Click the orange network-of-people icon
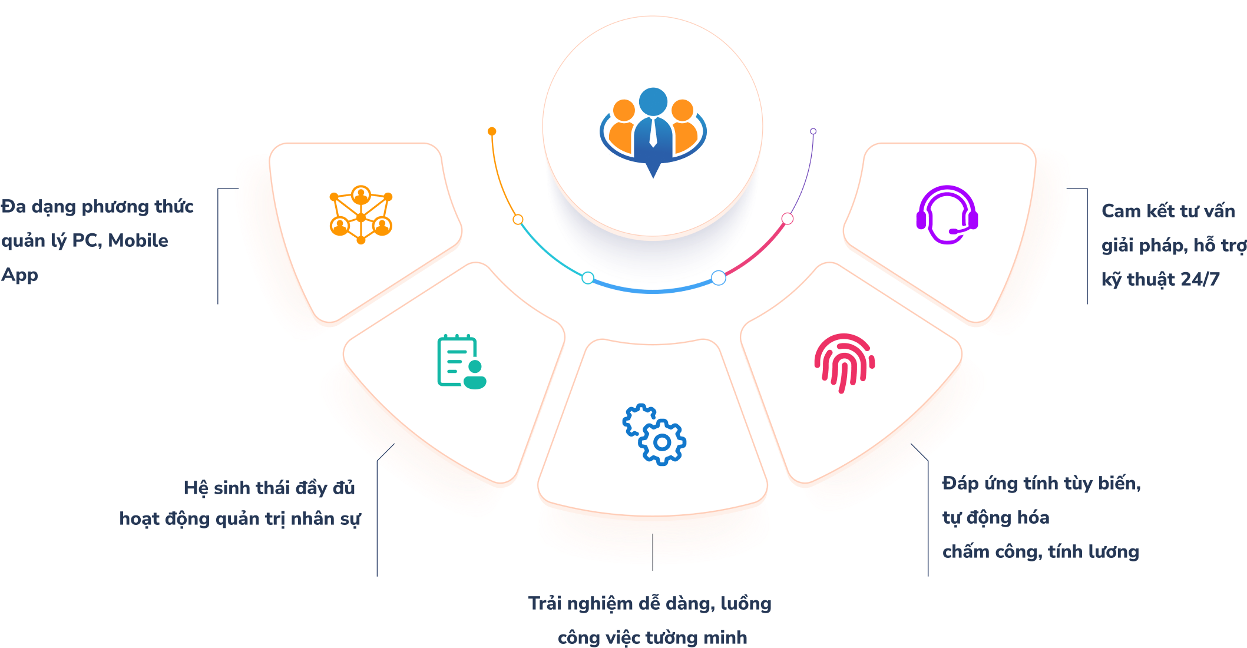pos(361,214)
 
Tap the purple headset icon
pos(947,214)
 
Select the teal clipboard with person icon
pos(462,362)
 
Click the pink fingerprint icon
pos(844,363)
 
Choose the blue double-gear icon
pos(654,435)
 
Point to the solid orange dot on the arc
pos(492,131)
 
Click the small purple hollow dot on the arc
pos(813,131)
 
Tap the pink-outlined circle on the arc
pos(788,219)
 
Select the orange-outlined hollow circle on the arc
pos(518,220)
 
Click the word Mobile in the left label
pos(138,240)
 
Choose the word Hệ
pos(196,488)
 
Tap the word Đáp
pos(961,483)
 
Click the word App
pos(19,275)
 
